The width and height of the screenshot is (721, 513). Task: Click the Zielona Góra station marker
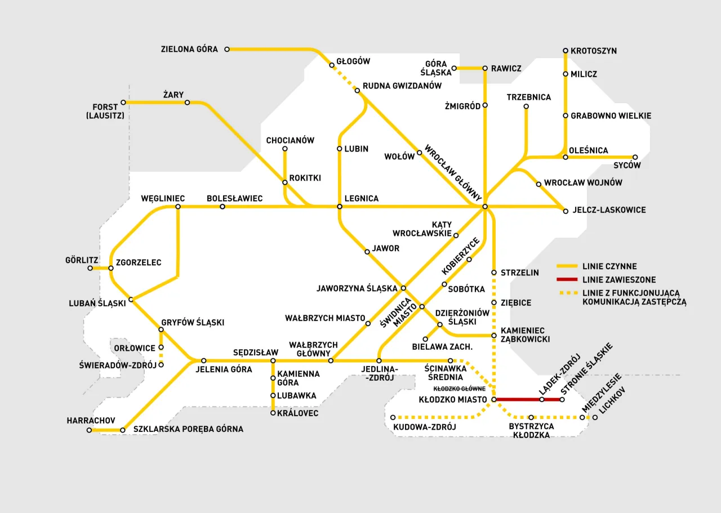pyautogui.click(x=227, y=50)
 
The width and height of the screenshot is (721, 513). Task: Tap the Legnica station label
pyautogui.click(x=361, y=199)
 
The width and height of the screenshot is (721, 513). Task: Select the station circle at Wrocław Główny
pyautogui.click(x=484, y=207)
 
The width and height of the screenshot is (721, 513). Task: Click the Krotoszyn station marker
pyautogui.click(x=566, y=51)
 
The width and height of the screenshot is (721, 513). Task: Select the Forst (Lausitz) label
pyautogui.click(x=105, y=111)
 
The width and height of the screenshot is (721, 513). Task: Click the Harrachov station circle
pyautogui.click(x=89, y=430)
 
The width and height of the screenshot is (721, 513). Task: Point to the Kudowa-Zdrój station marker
pyautogui.click(x=393, y=417)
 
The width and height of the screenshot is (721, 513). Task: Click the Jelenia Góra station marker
pyautogui.click(x=204, y=360)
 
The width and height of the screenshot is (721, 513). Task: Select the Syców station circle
pyautogui.click(x=635, y=157)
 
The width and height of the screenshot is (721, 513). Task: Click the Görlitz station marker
pyautogui.click(x=90, y=268)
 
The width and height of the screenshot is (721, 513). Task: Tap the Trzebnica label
pyautogui.click(x=528, y=97)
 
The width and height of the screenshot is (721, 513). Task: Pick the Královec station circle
pyautogui.click(x=273, y=413)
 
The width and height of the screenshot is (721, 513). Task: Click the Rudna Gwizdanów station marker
pyautogui.click(x=357, y=90)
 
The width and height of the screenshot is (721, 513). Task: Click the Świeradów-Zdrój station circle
pyautogui.click(x=161, y=365)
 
